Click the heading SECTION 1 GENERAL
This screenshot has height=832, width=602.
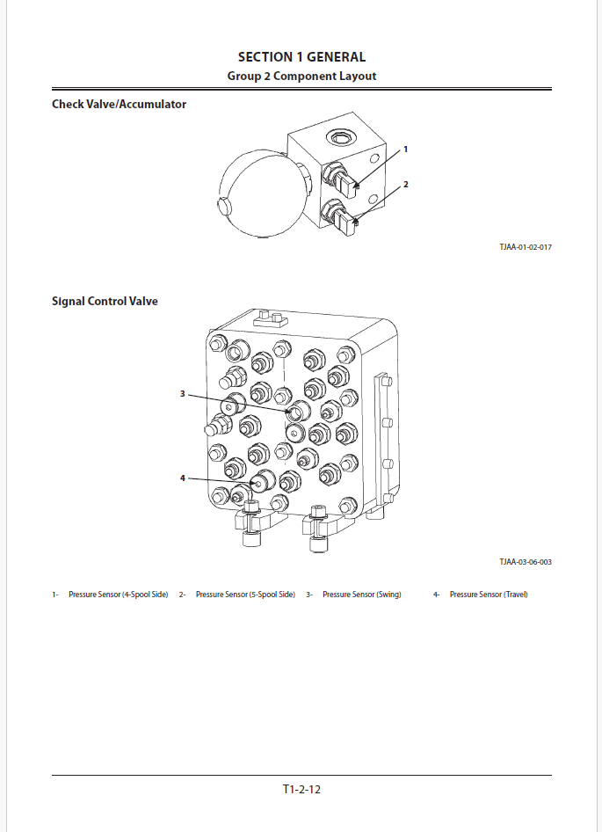(x=301, y=57)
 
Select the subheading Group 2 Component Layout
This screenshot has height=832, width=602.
(x=301, y=76)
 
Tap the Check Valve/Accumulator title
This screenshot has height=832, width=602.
(x=119, y=105)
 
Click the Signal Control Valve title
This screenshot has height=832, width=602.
(x=105, y=302)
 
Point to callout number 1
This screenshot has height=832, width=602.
(x=406, y=150)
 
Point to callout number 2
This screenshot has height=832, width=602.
(x=406, y=185)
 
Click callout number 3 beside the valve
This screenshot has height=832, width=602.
(x=183, y=394)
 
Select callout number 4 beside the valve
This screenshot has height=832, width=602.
(x=183, y=478)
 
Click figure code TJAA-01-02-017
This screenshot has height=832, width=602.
(x=526, y=247)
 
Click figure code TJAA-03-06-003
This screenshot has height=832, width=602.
(x=526, y=561)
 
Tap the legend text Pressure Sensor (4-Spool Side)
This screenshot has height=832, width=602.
(x=118, y=595)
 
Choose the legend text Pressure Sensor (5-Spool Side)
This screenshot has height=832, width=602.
(x=245, y=595)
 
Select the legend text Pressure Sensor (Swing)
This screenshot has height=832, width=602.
(x=361, y=595)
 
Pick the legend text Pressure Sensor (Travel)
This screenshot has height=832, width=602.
(x=489, y=595)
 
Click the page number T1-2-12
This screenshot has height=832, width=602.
(x=301, y=789)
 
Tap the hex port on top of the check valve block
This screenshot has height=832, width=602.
(x=338, y=137)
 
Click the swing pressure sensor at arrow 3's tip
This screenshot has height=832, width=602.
(x=297, y=411)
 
